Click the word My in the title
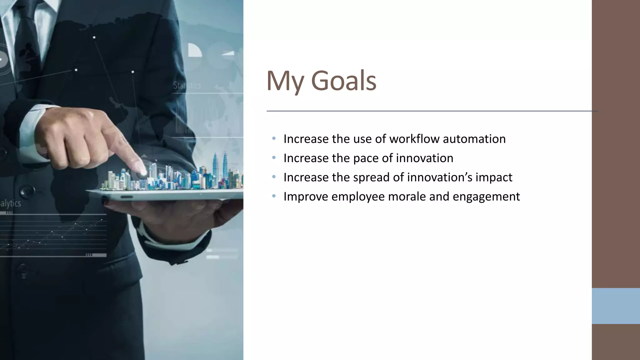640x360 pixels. coord(285,81)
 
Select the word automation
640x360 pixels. coord(474,139)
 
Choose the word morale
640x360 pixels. coord(407,197)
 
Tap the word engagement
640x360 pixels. coord(486,197)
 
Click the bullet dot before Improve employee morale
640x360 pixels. coord(274,196)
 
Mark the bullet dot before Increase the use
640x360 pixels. coord(274,138)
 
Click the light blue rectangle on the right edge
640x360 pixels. coord(616,306)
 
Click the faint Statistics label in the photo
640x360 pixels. coord(187,85)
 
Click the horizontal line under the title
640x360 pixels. coord(431,111)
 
